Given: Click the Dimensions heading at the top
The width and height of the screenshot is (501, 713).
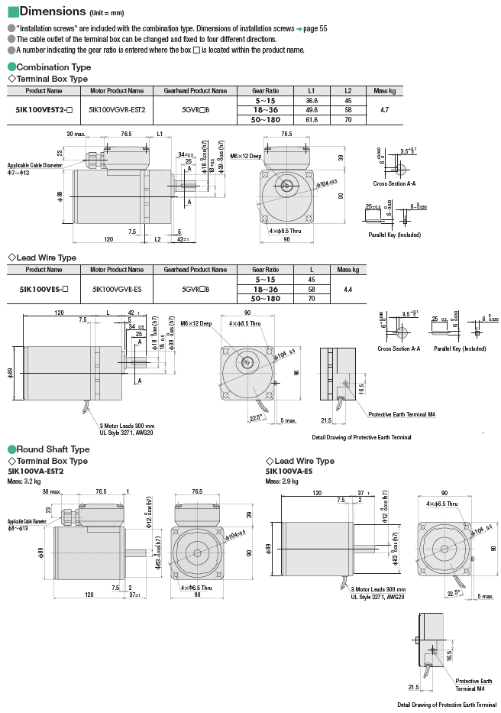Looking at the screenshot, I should (52, 11).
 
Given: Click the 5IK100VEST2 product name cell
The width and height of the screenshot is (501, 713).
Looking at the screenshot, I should (44, 110).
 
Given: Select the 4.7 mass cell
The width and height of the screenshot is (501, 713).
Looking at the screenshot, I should (384, 110).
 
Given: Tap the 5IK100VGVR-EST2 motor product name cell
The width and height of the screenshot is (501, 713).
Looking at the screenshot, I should (117, 110).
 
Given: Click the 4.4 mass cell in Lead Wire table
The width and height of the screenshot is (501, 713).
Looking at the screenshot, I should (347, 290).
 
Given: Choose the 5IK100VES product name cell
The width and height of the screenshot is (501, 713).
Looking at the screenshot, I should (44, 290).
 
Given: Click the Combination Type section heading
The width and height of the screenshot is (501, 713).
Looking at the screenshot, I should (53, 67).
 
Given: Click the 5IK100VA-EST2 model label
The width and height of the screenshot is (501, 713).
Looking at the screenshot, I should (36, 472).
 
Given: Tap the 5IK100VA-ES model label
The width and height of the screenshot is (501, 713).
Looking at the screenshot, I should (289, 472).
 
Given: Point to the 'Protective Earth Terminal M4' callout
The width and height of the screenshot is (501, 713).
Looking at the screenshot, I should (401, 414).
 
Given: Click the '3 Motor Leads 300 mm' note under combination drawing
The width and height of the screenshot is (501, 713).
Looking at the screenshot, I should (127, 426).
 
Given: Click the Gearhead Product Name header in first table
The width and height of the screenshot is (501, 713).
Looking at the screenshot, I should (195, 91).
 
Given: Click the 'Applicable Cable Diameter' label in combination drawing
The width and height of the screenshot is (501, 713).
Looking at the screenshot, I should (35, 165).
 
